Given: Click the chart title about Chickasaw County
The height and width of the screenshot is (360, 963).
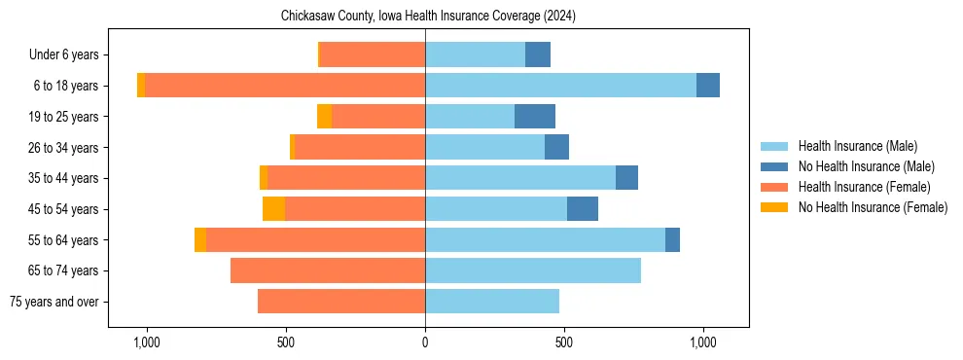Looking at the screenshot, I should click(x=428, y=17).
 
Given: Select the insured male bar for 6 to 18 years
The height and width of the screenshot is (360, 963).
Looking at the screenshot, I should click(x=560, y=86).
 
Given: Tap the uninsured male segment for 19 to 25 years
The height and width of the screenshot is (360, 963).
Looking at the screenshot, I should click(x=534, y=117).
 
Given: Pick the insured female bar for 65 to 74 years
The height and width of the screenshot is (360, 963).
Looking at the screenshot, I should click(x=328, y=270).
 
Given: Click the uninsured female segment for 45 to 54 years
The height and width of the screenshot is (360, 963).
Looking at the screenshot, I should click(x=273, y=209).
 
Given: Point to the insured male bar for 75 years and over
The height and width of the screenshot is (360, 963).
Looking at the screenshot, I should click(x=492, y=302).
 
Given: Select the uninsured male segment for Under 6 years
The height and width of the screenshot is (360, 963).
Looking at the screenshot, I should click(x=538, y=55).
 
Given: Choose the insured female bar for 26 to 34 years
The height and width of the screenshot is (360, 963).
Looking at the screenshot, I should click(x=360, y=148).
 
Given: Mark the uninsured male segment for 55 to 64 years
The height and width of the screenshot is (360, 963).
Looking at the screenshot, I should click(x=672, y=240).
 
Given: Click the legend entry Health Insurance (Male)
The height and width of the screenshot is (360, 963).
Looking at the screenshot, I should click(x=857, y=146).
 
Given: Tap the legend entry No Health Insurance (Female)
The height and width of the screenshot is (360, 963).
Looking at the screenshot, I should click(x=873, y=207).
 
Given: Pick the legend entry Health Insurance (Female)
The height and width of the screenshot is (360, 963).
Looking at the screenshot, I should click(x=864, y=187).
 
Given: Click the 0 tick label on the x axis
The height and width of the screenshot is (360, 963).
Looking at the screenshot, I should click(x=425, y=342).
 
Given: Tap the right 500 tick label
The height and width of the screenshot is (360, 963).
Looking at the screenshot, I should click(x=564, y=342).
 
